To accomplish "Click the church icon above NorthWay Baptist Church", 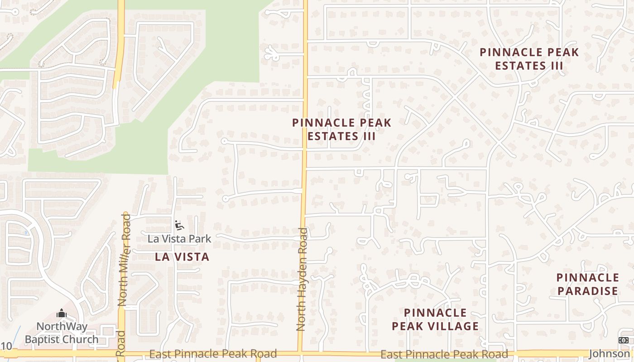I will [62, 313].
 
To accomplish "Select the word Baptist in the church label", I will [43, 339].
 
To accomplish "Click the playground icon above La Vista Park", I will [179, 225].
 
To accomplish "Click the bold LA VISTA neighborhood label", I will [182, 257].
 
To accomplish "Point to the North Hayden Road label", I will [302, 279].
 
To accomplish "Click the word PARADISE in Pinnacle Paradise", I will [587, 291].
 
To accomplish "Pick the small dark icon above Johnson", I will [623, 340].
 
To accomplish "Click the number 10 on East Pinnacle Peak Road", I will [6, 347].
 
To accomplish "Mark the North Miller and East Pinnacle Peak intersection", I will [121, 352].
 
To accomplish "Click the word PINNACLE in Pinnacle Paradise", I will [587, 277].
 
